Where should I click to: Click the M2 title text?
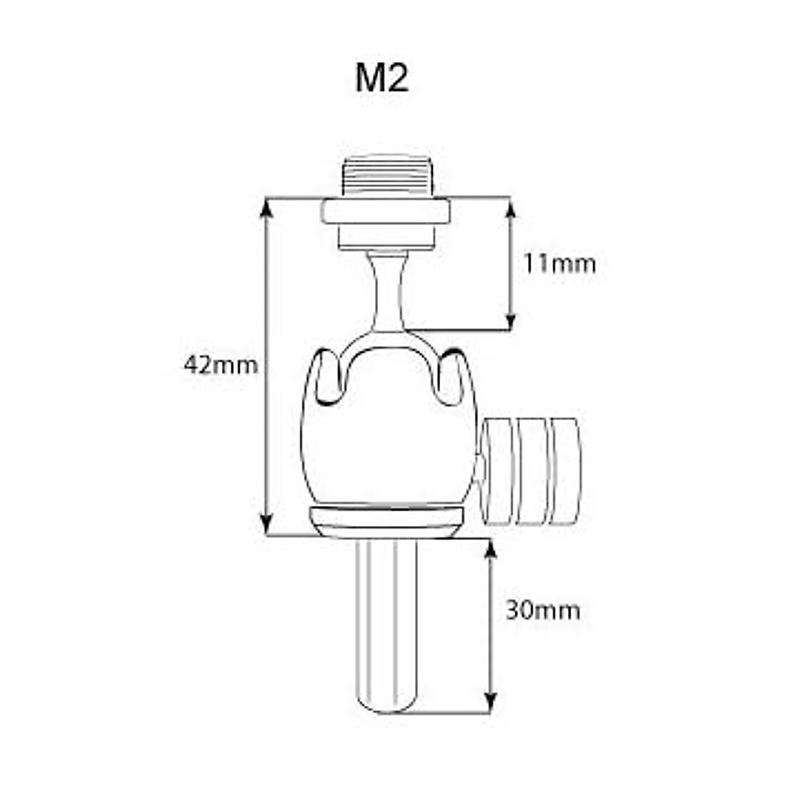[x=382, y=79]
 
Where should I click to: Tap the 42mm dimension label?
[x=220, y=365]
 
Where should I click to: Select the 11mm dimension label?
[x=559, y=264]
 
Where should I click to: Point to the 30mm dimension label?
[x=543, y=610]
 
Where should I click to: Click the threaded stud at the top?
[x=386, y=176]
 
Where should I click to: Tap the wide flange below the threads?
[x=386, y=212]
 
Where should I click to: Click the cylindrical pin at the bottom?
[x=386, y=619]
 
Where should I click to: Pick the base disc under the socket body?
[x=386, y=521]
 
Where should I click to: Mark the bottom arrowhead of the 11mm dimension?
[x=511, y=322]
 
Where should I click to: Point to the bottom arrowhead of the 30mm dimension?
[x=491, y=703]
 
